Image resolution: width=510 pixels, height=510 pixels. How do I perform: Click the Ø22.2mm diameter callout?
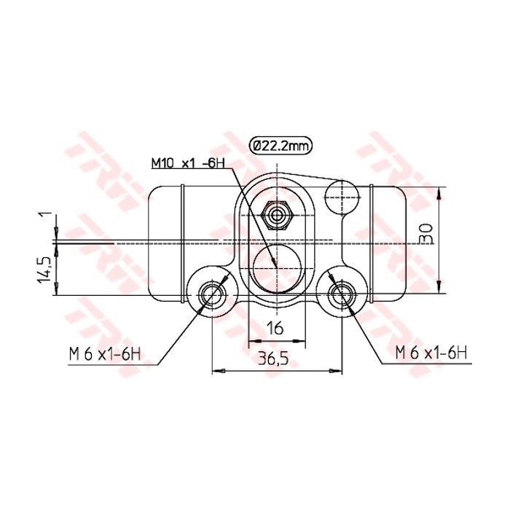point(280,146)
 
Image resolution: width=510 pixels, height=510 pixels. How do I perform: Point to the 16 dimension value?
point(275,329)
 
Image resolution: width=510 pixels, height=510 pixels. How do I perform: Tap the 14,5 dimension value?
point(45,270)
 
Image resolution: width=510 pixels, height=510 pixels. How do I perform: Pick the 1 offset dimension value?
point(45,216)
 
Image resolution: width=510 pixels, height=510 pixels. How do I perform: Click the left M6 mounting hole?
point(211,295)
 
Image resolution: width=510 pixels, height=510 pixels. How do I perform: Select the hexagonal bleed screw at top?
point(276,216)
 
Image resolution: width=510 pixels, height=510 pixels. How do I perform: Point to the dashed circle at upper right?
point(341,197)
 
